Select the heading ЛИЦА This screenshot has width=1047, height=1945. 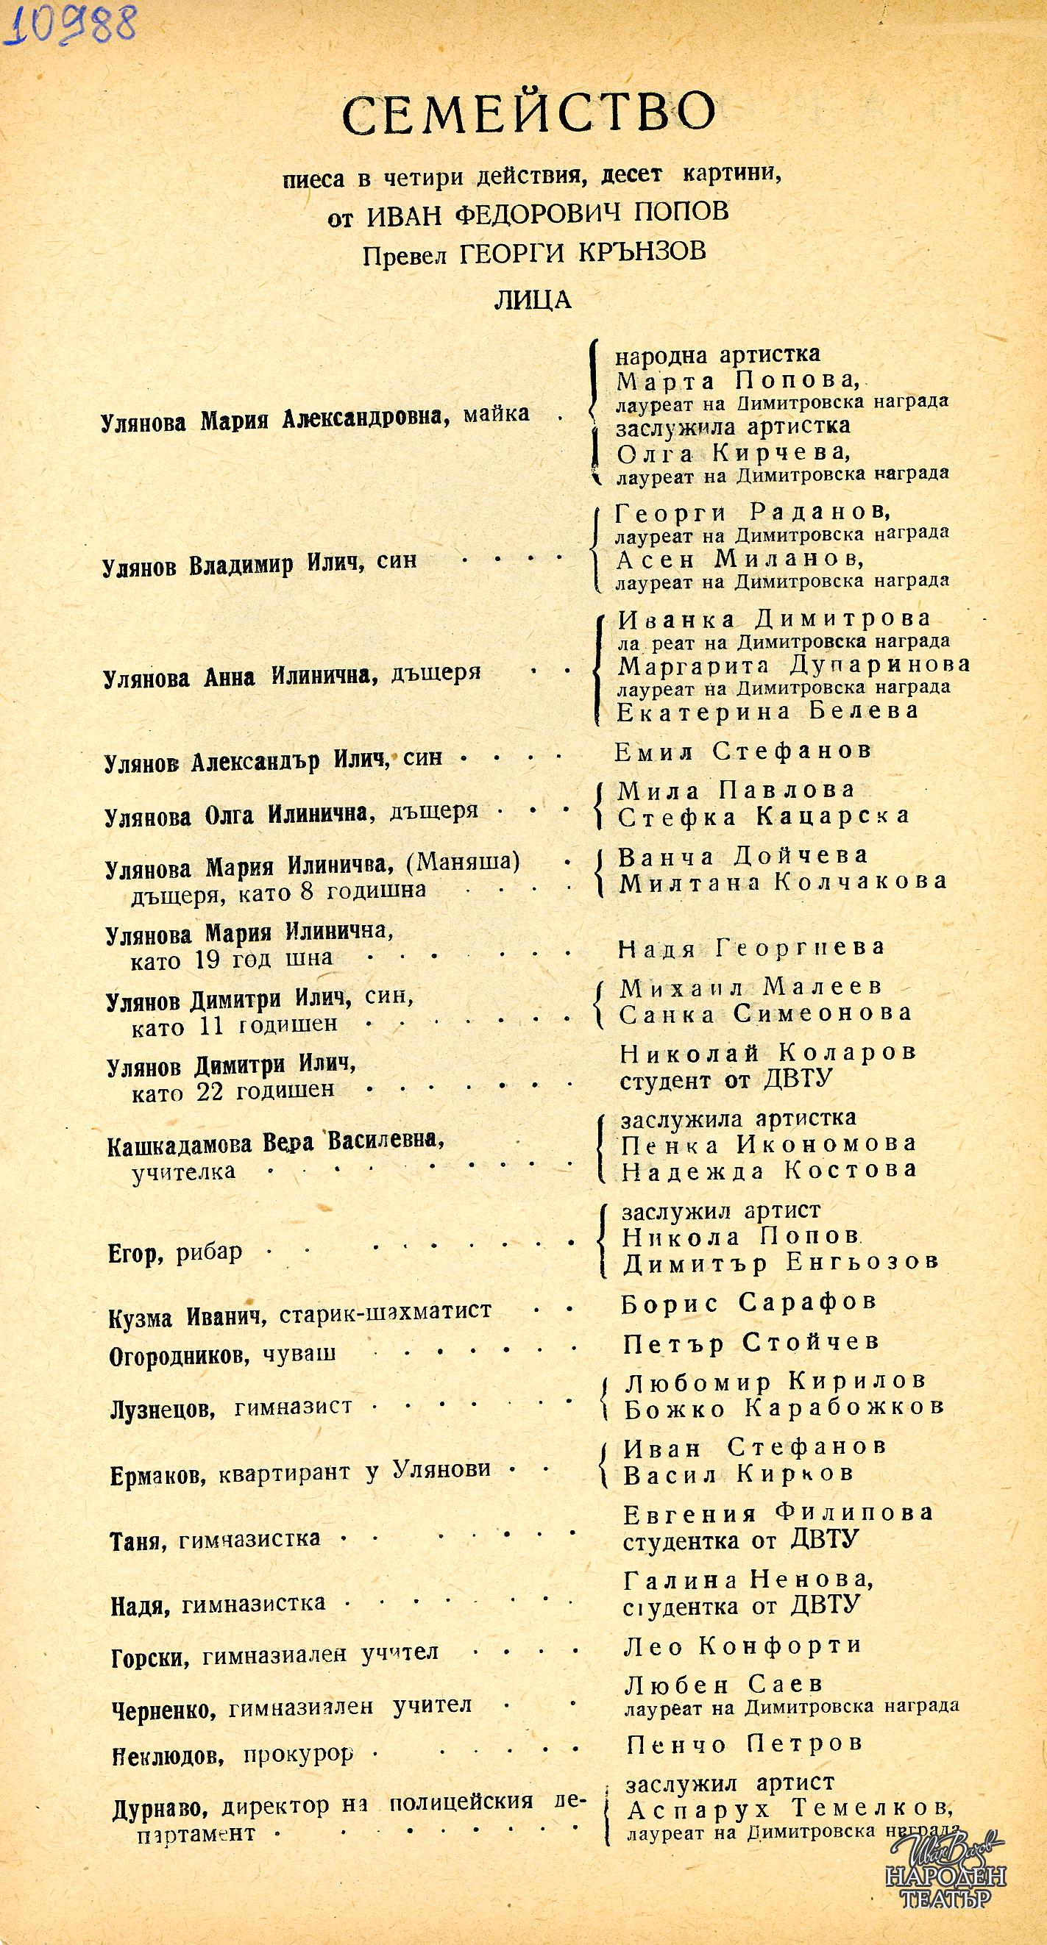[533, 300]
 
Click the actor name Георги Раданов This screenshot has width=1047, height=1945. [752, 513]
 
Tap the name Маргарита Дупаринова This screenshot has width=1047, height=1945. [793, 665]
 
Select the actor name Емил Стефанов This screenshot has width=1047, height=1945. [743, 751]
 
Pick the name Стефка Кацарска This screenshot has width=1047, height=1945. [764, 816]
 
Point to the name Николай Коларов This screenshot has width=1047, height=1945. [767, 1052]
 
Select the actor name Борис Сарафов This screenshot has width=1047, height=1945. [748, 1301]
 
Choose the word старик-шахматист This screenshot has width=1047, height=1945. [386, 1313]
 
